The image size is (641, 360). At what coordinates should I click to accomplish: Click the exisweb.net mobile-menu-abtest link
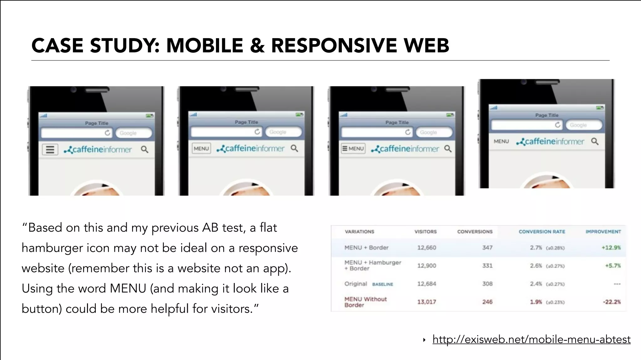531,339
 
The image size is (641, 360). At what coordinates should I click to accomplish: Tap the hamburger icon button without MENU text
50,150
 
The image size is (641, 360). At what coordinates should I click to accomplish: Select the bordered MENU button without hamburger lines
201,148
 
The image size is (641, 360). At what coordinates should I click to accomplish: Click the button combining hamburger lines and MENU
353,148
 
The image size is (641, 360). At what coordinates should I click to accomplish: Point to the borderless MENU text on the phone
501,141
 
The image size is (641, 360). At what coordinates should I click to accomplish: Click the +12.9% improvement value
611,248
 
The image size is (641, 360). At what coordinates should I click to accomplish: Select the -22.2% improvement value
612,302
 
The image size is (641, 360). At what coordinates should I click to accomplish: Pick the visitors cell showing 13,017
427,302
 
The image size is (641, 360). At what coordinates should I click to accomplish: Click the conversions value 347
487,248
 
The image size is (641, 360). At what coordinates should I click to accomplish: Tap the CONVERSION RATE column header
542,232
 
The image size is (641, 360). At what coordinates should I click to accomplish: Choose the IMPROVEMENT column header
603,232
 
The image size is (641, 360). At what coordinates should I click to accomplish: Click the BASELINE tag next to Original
382,284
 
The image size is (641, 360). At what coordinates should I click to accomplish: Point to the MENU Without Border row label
365,302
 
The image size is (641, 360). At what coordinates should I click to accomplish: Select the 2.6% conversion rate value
536,266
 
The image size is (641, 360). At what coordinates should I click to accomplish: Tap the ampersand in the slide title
257,45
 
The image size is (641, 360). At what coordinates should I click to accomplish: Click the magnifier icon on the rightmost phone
595,141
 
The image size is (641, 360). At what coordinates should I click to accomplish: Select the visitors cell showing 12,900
427,266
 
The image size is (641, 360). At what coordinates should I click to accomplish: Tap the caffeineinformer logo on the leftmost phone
98,150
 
